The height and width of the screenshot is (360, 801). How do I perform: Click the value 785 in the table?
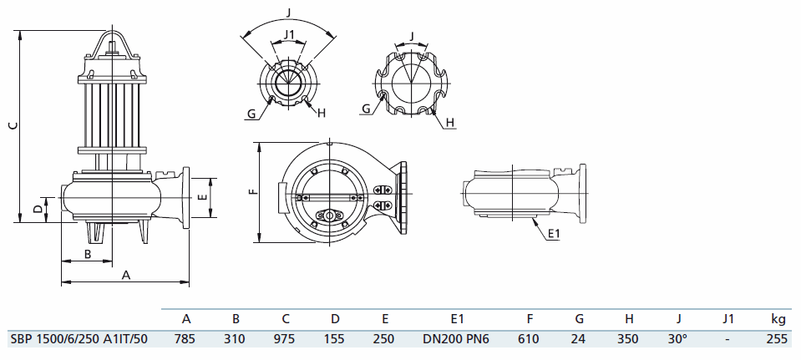pos(186,339)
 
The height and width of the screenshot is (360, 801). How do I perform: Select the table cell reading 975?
pos(286,339)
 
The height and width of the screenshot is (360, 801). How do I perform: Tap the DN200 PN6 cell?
pos(457,339)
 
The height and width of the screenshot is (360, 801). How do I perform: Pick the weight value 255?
pos(778,339)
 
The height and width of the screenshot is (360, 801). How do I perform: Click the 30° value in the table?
pos(679,339)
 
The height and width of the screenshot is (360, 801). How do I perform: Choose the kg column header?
pos(778,318)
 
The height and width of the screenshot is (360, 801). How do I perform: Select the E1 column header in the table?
pos(457,318)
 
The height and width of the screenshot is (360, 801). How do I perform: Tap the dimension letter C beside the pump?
pos(12,126)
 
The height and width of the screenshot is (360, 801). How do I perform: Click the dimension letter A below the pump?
pos(126,274)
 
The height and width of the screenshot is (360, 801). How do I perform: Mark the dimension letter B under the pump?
pos(87,253)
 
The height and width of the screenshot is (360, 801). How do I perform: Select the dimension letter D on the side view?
pos(37,208)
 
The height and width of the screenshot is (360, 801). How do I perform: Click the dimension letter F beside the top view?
pos(251,191)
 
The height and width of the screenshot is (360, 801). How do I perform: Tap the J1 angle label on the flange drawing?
pos(289,34)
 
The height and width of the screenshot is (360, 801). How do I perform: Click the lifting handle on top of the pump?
pos(114,40)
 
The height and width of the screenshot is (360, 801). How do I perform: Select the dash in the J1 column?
pos(728,339)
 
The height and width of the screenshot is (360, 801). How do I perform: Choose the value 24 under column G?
pos(580,339)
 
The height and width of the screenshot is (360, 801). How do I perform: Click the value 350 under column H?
pos(628,339)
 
